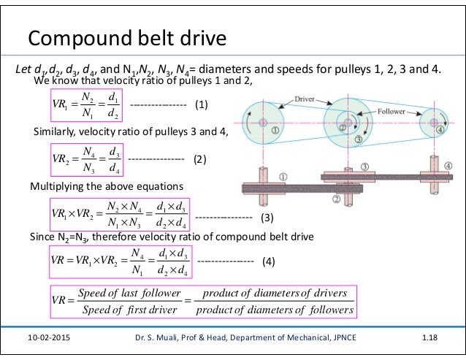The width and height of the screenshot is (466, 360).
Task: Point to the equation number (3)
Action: [x=267, y=218]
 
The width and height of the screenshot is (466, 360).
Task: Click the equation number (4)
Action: [x=268, y=261]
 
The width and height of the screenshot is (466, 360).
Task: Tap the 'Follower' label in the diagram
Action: [x=396, y=114]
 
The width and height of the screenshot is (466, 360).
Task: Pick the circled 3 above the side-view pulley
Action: [x=364, y=167]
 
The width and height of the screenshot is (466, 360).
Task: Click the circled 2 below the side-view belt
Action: [x=337, y=199]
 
